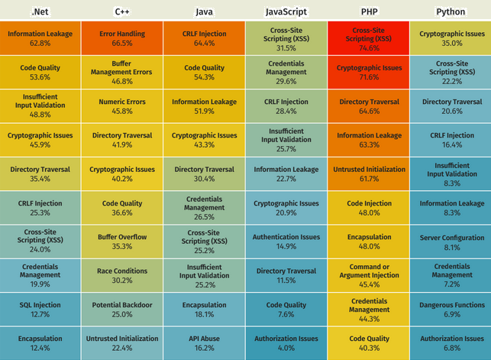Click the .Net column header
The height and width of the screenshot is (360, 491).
click(x=40, y=11)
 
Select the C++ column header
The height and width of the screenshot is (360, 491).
click(x=122, y=11)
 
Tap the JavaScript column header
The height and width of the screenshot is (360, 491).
click(x=286, y=11)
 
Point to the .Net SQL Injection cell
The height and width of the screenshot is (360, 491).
click(x=40, y=310)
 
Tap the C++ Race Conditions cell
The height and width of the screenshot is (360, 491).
click(x=122, y=275)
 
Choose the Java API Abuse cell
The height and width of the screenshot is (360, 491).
click(x=205, y=343)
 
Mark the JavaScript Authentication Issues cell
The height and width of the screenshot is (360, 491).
click(x=286, y=242)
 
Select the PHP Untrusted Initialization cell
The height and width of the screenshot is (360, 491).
click(x=369, y=174)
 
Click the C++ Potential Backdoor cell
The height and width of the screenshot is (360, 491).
click(x=122, y=310)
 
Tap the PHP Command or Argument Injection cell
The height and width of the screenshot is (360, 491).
click(x=369, y=275)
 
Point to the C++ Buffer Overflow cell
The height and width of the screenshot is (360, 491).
click(x=122, y=242)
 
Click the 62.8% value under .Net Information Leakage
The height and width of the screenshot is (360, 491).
click(x=40, y=44)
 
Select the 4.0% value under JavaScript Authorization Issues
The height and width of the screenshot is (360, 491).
click(x=286, y=349)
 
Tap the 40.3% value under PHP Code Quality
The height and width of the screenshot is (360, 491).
click(x=369, y=349)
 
